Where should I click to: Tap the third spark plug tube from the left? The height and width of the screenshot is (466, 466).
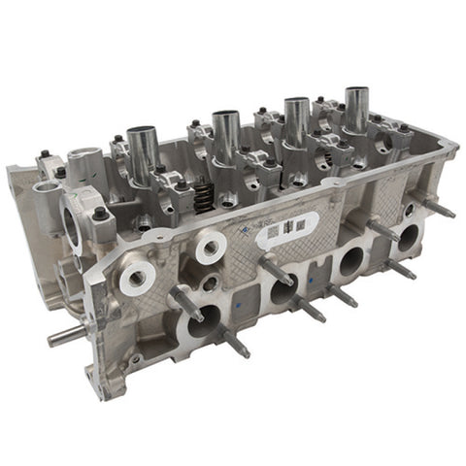click(296, 118)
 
